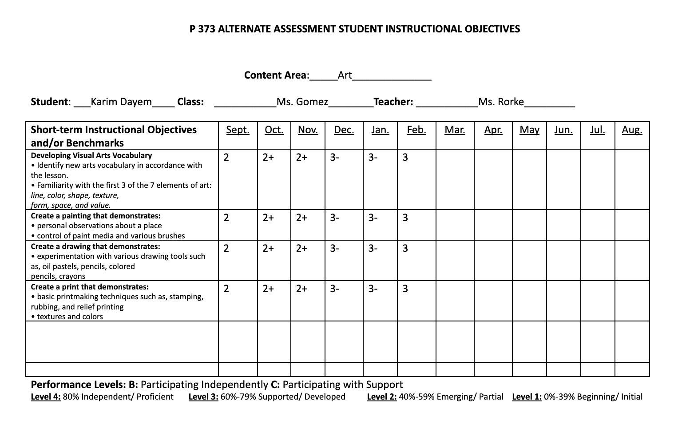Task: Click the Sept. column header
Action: (238, 130)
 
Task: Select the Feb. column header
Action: (416, 130)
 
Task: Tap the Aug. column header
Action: (632, 130)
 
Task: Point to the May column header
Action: (529, 130)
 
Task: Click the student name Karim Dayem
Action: (121, 102)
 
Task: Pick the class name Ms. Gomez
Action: (302, 102)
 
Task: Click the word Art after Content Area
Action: (345, 75)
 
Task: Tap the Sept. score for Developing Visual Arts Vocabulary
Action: (226, 158)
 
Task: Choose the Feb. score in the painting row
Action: (405, 218)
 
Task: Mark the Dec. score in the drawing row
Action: (335, 249)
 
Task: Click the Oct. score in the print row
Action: (268, 289)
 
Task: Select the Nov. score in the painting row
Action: (302, 218)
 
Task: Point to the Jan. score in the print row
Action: (373, 289)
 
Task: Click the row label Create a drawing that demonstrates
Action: (95, 246)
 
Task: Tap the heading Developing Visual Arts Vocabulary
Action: (91, 155)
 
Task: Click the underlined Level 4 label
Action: (45, 397)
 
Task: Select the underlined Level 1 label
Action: (527, 397)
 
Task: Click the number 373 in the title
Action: (207, 29)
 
